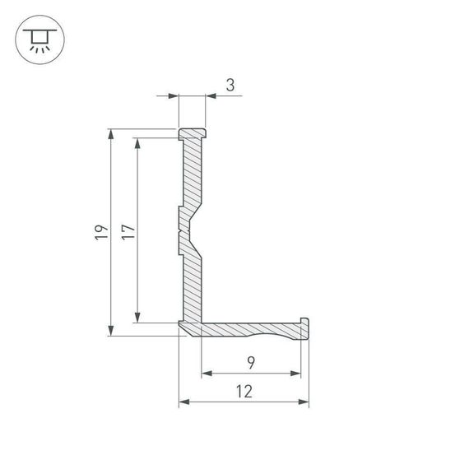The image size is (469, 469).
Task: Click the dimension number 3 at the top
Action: point(230,84)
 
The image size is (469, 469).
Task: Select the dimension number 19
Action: point(100,232)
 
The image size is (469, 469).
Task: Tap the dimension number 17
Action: point(128,232)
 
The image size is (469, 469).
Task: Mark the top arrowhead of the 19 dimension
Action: point(110,133)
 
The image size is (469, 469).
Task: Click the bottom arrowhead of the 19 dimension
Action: point(110,331)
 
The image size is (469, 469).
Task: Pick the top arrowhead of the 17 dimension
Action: point(138,142)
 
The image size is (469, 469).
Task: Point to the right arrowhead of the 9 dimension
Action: point(295,373)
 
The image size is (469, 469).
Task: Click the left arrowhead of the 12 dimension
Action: point(184,402)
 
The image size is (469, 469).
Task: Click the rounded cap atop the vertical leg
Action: point(193,132)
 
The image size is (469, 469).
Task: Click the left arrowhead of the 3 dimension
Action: point(174,97)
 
